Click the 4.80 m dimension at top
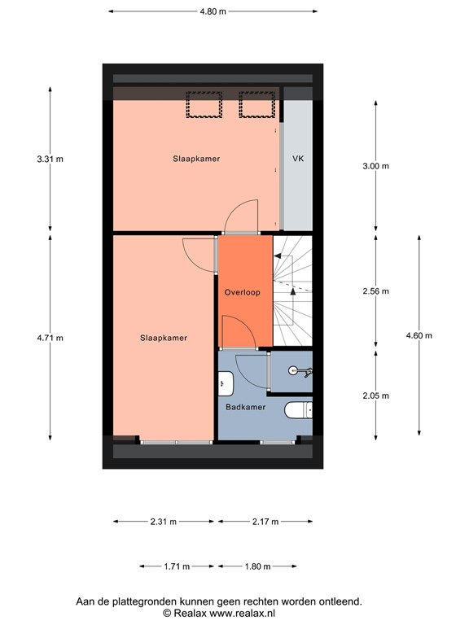click(213, 11)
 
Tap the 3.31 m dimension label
click(50, 160)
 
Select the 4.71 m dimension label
click(50, 338)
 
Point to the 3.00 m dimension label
click(375, 166)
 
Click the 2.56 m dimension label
click(375, 291)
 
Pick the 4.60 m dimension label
click(419, 335)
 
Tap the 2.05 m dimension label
click(375, 396)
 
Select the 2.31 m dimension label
click(163, 522)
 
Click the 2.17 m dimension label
click(265, 522)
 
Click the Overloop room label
click(242, 292)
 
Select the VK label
click(298, 160)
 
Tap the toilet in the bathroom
click(300, 409)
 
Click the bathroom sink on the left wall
click(226, 382)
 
